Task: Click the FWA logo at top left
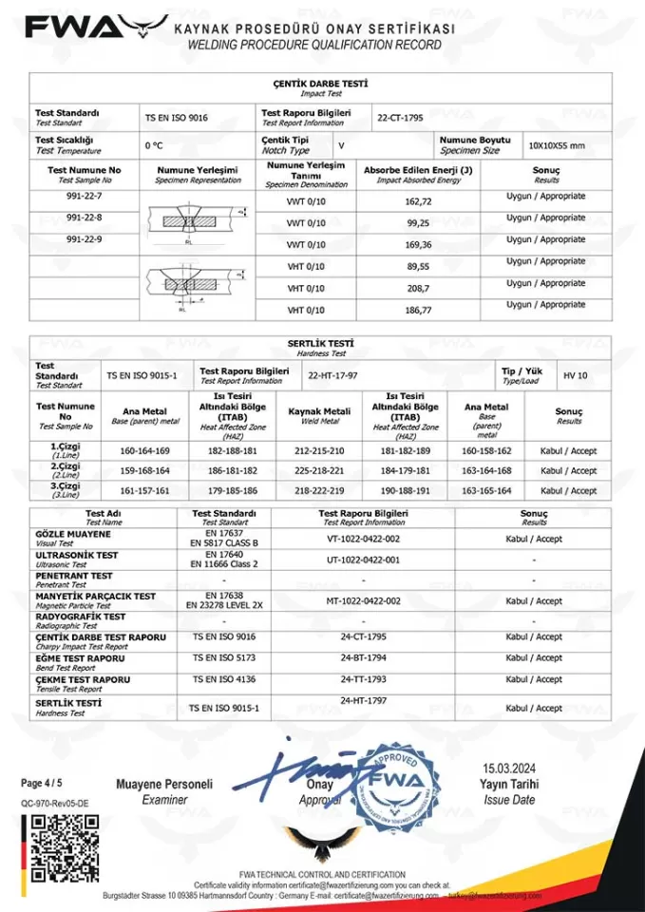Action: click(90, 28)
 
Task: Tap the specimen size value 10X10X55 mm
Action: click(557, 146)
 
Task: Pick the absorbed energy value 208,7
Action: click(418, 288)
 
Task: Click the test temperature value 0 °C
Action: click(154, 146)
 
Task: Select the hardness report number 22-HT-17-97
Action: click(332, 375)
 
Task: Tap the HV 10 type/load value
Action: click(575, 375)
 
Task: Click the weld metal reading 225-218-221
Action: click(319, 471)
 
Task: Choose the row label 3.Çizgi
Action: click(65, 487)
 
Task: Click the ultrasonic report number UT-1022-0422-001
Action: click(363, 560)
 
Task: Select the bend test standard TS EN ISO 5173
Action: click(223, 657)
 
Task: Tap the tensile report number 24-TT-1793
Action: click(363, 679)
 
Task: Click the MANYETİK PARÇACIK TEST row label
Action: click(95, 597)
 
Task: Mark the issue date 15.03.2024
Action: click(509, 768)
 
